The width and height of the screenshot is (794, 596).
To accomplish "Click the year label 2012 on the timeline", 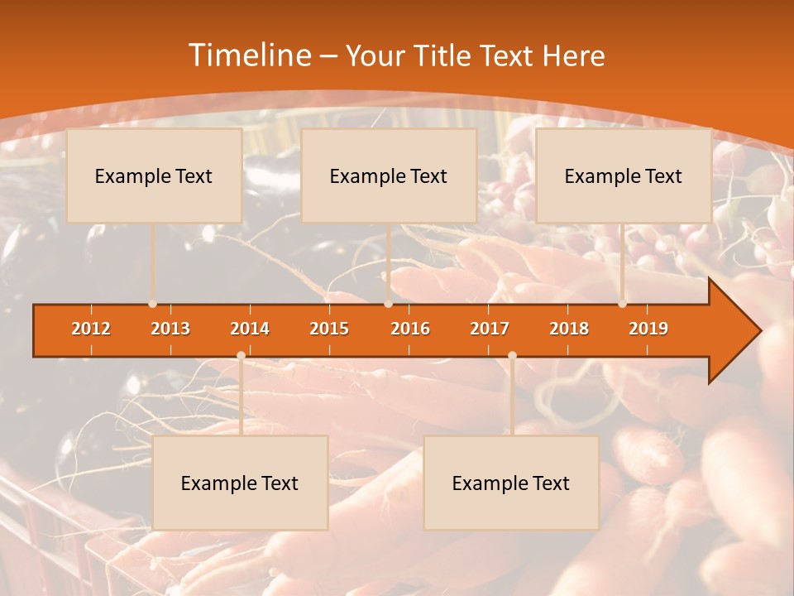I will [x=91, y=329].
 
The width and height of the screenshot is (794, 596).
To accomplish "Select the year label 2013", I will [x=170, y=329].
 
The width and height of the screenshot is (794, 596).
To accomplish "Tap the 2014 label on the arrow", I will [x=250, y=329].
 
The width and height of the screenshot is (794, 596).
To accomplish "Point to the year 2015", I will [x=329, y=329].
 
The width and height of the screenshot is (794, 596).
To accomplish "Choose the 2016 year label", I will [x=410, y=329].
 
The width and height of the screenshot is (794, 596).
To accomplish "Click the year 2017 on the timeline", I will [x=490, y=329].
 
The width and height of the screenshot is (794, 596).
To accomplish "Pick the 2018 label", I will [x=569, y=329].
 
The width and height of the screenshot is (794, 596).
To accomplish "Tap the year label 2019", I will [x=648, y=329].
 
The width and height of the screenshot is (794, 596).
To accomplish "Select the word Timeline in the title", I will [x=248, y=55].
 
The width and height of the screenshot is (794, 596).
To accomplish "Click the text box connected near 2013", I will [x=154, y=175].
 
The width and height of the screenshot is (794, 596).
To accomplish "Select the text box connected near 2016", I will [x=389, y=175].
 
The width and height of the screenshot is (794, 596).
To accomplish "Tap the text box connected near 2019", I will [x=624, y=175].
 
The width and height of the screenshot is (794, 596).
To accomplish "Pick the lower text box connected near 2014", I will [x=240, y=483].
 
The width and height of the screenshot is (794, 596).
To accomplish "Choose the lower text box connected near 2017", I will [x=511, y=483].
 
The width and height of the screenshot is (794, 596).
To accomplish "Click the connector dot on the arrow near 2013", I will [x=153, y=304].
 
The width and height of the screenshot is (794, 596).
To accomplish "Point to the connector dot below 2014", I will [x=241, y=356].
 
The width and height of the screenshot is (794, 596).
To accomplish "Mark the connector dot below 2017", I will [x=512, y=356].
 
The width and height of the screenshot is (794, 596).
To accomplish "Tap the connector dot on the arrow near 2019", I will [x=622, y=304].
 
